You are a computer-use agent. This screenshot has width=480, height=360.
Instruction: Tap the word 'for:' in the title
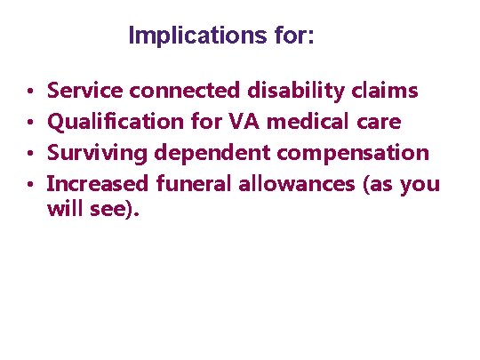(x=295, y=37)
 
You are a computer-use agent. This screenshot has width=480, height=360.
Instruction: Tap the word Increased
(x=98, y=184)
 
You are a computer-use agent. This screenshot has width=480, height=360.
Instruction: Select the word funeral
(x=192, y=184)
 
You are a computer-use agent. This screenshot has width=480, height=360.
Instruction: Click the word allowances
(x=290, y=184)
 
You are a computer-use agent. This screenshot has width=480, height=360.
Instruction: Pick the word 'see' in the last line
(x=113, y=214)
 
